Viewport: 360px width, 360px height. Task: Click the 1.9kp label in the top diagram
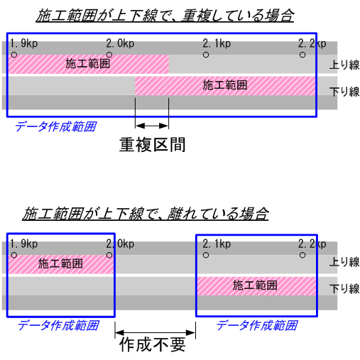click(x=23, y=43)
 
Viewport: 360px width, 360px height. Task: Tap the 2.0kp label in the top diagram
click(x=120, y=43)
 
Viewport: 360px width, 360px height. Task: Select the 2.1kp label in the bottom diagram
click(x=217, y=244)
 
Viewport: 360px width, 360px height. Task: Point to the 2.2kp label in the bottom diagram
click(x=312, y=244)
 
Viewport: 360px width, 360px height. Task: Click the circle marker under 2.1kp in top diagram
click(x=206, y=55)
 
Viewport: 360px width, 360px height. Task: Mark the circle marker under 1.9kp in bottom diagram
click(x=14, y=255)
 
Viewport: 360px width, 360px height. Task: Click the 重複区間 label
click(x=153, y=145)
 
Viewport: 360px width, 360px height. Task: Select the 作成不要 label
click(x=153, y=344)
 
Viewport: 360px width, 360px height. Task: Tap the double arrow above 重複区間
click(x=152, y=126)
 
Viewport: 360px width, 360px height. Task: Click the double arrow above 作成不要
click(x=156, y=332)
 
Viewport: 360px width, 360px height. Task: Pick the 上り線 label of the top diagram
click(x=344, y=65)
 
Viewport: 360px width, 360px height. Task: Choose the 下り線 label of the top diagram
click(x=344, y=92)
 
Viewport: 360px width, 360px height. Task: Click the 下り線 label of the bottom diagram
click(x=344, y=289)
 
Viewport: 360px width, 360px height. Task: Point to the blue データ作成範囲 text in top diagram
click(x=56, y=126)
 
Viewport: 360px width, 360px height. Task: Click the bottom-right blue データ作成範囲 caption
click(x=257, y=325)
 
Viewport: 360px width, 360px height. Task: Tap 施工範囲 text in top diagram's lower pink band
click(x=225, y=85)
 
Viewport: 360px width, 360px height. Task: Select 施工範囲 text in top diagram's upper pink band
click(x=88, y=64)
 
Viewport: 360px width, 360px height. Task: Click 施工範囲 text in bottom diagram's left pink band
click(x=60, y=263)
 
